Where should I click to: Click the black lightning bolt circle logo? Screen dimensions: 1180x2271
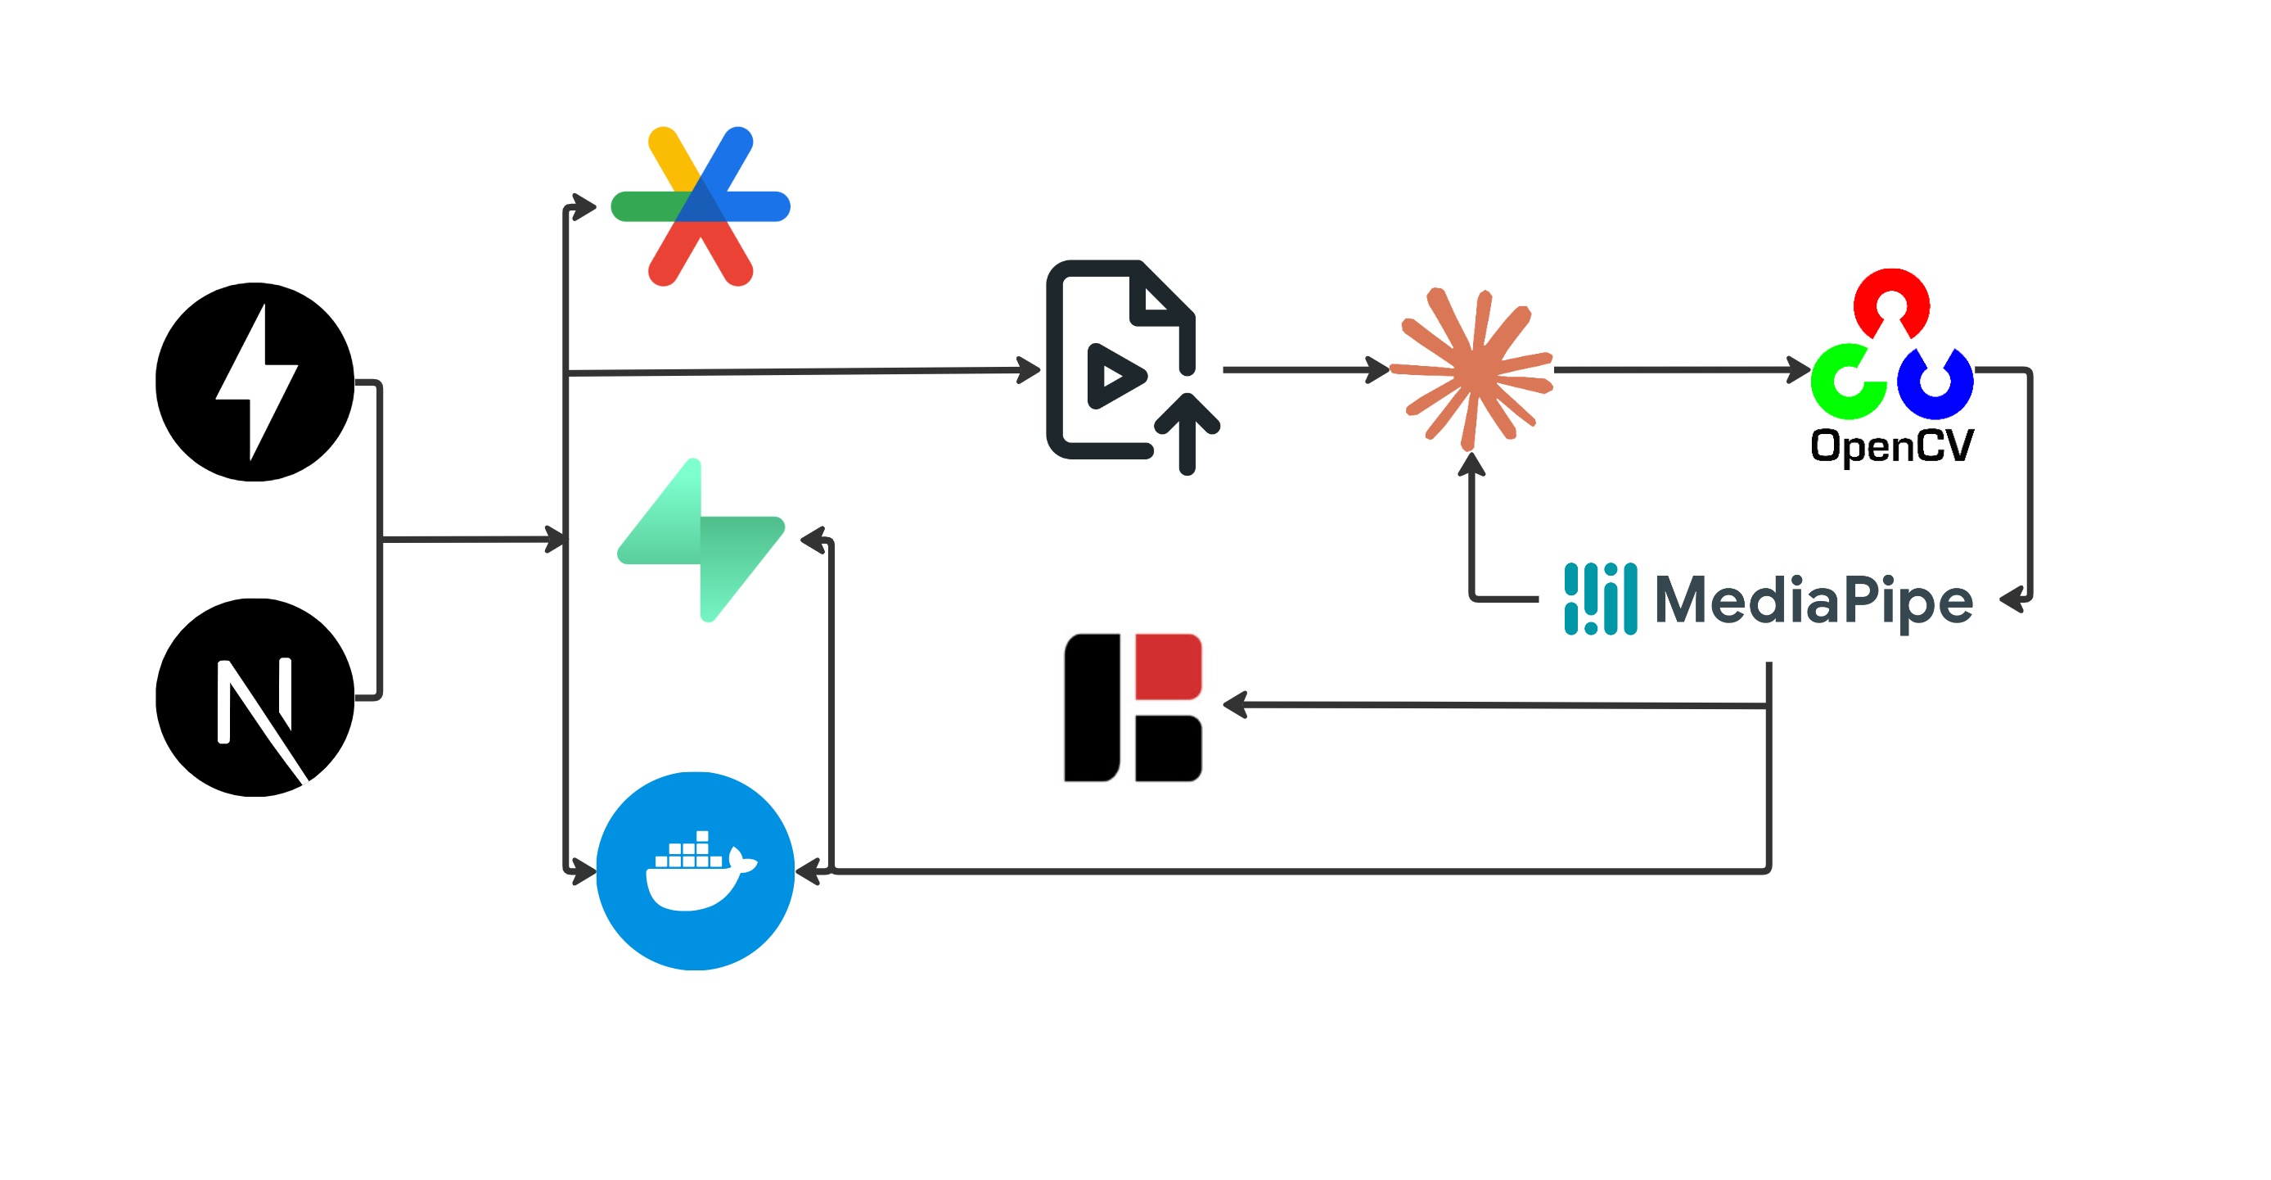pyautogui.click(x=255, y=381)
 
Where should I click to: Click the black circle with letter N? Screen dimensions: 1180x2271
pyautogui.click(x=255, y=697)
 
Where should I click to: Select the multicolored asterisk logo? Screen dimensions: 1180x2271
pyautogui.click(x=700, y=206)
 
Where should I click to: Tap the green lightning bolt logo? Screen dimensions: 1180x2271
pyautogui.click(x=701, y=540)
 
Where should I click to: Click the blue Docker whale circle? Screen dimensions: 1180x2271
pyautogui.click(x=696, y=870)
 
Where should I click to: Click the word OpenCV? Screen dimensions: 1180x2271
pyautogui.click(x=1891, y=446)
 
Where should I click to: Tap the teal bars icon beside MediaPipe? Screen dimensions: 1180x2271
pyautogui.click(x=1600, y=599)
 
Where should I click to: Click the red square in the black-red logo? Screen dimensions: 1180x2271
pyautogui.click(x=1168, y=665)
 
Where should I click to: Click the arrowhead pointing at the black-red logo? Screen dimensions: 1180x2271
pyautogui.click(x=1235, y=705)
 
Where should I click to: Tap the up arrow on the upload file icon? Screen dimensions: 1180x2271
pyautogui.click(x=1187, y=432)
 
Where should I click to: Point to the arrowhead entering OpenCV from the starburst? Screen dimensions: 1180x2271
pyautogui.click(x=1800, y=369)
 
